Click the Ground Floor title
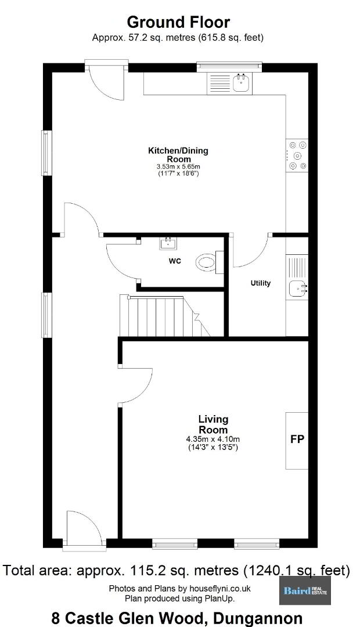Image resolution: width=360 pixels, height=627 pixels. [x=178, y=21]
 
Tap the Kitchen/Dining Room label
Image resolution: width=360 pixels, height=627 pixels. [x=178, y=155]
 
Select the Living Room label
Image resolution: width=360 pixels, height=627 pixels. [x=213, y=424]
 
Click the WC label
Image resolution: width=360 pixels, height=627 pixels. [x=175, y=261]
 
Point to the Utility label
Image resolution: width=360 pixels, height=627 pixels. [x=260, y=283]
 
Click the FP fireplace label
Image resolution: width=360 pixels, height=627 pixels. [x=297, y=439]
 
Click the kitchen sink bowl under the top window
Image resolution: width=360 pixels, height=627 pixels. [x=242, y=83]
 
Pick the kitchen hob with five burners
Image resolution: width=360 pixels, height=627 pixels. [x=297, y=155]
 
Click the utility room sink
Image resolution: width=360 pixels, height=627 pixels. [x=297, y=288]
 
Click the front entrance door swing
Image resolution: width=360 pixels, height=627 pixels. [x=84, y=527]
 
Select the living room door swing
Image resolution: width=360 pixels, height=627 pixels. [x=136, y=385]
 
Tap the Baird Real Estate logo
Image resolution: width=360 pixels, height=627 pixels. [x=305, y=590]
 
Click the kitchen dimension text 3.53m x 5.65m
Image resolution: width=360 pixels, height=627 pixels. [x=178, y=167]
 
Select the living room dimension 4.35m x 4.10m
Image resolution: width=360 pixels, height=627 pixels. [x=213, y=439]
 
